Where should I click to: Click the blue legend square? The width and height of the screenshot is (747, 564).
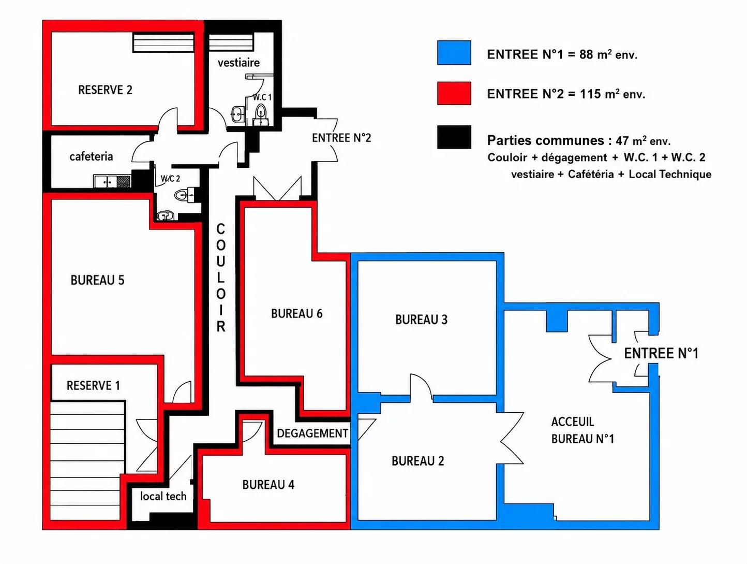tap(454, 53)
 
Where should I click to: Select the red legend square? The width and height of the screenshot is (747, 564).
tap(454, 93)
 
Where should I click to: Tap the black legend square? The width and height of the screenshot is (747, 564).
tap(454, 137)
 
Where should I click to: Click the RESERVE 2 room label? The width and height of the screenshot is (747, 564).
tap(105, 90)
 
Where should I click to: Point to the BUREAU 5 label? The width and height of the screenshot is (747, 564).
tap(97, 280)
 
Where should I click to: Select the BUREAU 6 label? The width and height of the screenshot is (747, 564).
tap(296, 313)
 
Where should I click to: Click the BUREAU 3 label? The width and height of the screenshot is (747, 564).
tap(421, 320)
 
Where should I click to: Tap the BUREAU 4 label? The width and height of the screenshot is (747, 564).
tap(268, 484)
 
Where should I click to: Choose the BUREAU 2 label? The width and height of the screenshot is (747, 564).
tap(418, 461)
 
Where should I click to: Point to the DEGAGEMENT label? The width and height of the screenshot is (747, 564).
tap(312, 433)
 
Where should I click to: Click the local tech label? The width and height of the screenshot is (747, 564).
tap(163, 496)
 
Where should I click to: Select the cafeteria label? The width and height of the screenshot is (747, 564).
tap(91, 156)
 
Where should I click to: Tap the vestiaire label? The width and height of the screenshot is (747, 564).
tap(238, 63)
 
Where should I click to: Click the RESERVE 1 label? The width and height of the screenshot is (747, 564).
tap(93, 385)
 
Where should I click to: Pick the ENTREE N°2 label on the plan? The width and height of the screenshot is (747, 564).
tap(341, 138)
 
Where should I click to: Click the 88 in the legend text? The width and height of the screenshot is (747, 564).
tap(586, 54)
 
